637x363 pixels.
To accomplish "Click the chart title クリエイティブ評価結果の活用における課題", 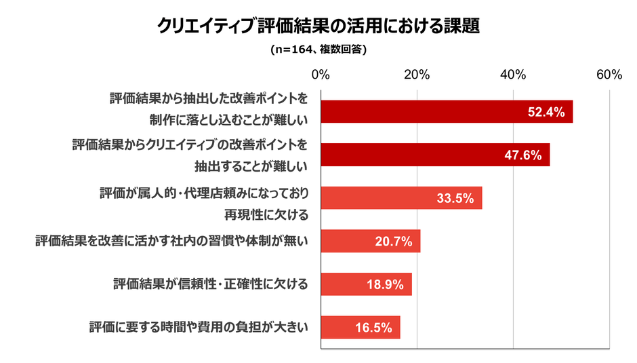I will coord(318,25).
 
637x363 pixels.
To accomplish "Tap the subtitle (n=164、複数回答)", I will coord(318,49).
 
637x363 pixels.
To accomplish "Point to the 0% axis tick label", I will coord(321,75).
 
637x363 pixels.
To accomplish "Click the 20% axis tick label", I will coord(417,75).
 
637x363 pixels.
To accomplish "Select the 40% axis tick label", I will coord(513,75).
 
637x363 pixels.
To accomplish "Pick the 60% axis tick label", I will coord(609,75).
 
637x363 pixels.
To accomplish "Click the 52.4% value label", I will coord(546,113).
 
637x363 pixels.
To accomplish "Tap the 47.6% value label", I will coord(523,155).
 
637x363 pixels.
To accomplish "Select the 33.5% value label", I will coord(455,198).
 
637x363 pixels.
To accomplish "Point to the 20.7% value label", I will coord(394,242).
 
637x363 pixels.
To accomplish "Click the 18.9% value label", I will coord(385,284).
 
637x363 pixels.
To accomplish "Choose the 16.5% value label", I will coord(373,328).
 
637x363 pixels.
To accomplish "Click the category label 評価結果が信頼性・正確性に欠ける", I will coord(211,284).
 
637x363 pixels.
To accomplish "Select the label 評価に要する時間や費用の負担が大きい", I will coord(199,327).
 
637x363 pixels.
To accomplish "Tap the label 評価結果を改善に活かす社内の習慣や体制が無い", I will coord(172,241).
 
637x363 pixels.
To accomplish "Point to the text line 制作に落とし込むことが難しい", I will coord(229,120).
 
